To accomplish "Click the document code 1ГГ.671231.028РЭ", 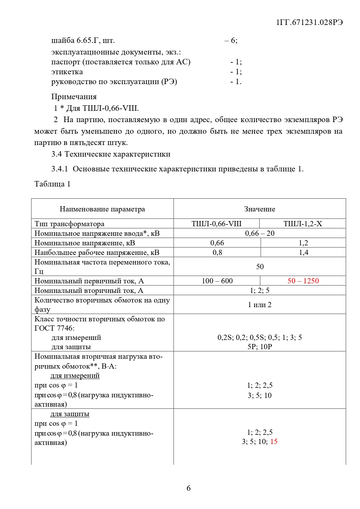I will pos(310,23).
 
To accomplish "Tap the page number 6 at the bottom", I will pos(189,488).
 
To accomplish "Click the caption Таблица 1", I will pos(52,184).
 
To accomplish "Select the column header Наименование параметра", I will pos(102,209).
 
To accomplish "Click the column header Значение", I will pos(259,209).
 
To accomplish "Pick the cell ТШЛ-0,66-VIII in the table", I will pos(216,224).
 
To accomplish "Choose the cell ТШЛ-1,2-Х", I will pos(303,224).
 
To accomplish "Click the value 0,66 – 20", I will pos(260,233).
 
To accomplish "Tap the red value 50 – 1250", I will pos(303,281).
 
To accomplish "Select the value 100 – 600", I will pos(217,281).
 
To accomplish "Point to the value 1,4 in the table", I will pos(303,252).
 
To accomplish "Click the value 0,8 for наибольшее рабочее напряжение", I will pos(217,252).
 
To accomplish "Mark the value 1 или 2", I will pos(260,305).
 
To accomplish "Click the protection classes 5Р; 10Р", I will pos(260,347).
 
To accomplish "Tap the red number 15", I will pos(274,441).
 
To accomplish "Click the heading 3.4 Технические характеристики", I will pos(111,154).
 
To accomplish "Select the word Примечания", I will pos(74,97).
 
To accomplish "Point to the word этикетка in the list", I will pos(67,72).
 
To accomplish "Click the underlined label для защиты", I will pos(70,414).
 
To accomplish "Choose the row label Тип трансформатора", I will pos(69,224).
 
